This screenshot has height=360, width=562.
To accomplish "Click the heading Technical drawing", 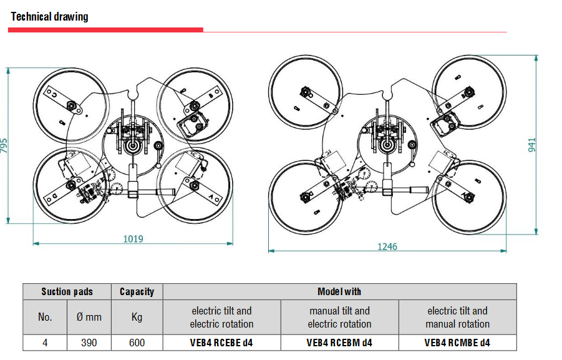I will point(49,17).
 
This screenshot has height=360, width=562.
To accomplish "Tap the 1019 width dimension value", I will point(133,238).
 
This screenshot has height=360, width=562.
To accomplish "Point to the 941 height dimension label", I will point(532,145).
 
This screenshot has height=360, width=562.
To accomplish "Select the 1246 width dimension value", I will point(387,246).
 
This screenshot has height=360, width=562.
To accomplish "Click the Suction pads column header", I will point(67,291).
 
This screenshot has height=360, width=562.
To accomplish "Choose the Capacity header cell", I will point(137,291).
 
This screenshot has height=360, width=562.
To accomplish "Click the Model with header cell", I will point(339,291).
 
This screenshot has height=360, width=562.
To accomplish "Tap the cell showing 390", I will point(89,343).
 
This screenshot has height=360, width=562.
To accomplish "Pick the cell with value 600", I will point(137,343).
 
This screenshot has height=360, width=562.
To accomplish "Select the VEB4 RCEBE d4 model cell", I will point(221,343).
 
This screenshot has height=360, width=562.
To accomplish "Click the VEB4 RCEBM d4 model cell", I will point(339,343).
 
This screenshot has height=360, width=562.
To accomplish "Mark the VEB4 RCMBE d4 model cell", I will point(457,343).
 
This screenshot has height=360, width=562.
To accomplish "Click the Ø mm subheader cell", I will point(89,317).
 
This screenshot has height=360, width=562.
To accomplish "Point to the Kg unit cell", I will point(137,317).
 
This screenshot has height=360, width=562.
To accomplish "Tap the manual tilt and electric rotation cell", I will point(339,317).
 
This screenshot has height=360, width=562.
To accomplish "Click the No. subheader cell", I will point(45,317).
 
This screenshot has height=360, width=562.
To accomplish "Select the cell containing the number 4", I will point(45,343).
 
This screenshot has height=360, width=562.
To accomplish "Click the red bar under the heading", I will point(106,29).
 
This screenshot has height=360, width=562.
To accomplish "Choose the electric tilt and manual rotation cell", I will point(457,317).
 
